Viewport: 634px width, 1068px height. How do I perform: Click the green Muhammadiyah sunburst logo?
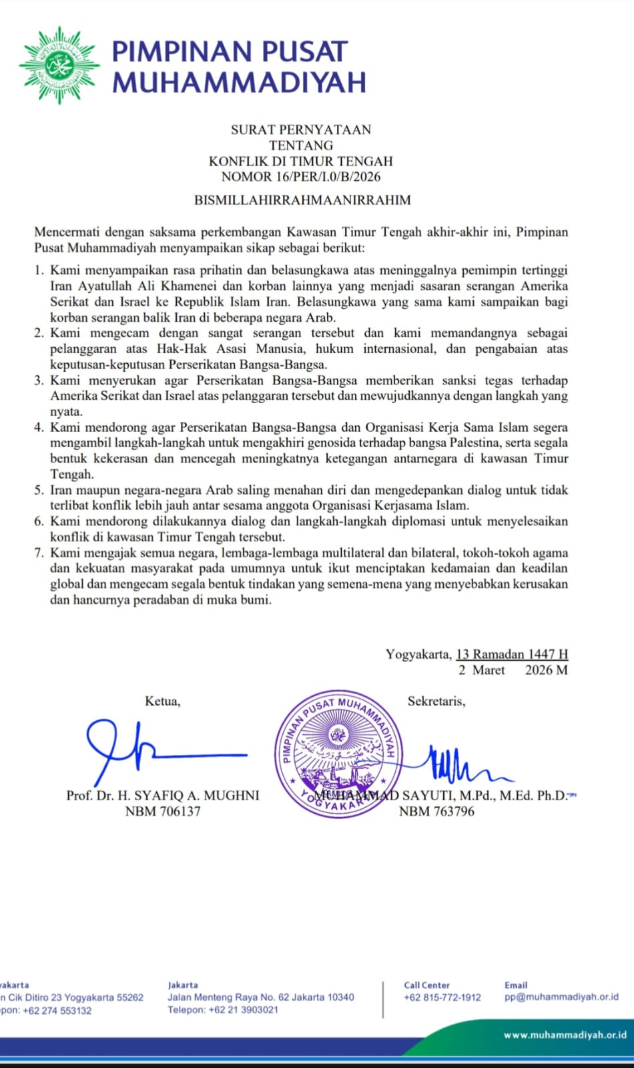click(59, 65)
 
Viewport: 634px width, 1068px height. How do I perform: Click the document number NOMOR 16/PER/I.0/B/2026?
click(301, 177)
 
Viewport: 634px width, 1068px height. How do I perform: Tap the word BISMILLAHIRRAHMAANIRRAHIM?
click(302, 200)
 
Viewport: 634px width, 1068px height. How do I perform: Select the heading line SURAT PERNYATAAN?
click(301, 129)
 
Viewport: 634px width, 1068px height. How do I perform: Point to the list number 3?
click(39, 380)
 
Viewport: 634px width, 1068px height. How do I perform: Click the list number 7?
click(39, 553)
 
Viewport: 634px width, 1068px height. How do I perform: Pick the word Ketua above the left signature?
click(162, 702)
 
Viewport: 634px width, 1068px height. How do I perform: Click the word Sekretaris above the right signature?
click(436, 702)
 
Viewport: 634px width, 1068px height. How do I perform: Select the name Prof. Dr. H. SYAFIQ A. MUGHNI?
click(163, 796)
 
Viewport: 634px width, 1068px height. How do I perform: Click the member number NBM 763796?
click(436, 812)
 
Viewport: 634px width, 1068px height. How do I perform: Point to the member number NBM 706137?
click(163, 812)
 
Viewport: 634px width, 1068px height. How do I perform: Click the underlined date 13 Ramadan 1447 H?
click(512, 654)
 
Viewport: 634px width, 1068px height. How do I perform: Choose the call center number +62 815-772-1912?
click(442, 997)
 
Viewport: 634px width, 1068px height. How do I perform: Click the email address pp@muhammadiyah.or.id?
click(561, 997)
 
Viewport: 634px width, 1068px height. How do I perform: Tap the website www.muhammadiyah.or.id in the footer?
click(565, 1035)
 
